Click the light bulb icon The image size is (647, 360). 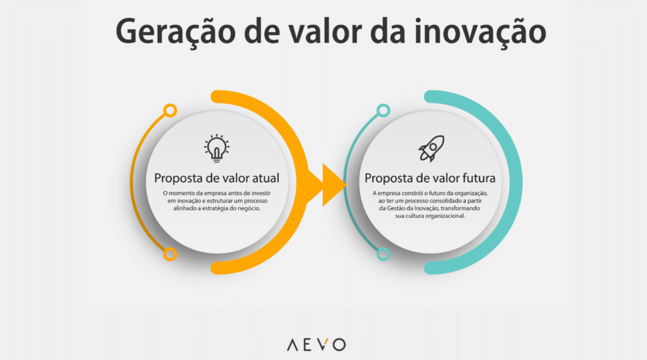click(x=217, y=147)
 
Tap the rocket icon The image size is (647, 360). click(x=430, y=148)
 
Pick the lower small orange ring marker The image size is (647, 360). click(x=169, y=254)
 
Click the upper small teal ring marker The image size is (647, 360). click(x=382, y=112)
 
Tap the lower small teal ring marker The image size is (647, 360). click(x=382, y=254)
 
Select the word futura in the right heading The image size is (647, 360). click(x=475, y=178)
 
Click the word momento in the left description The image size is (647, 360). click(x=188, y=193)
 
